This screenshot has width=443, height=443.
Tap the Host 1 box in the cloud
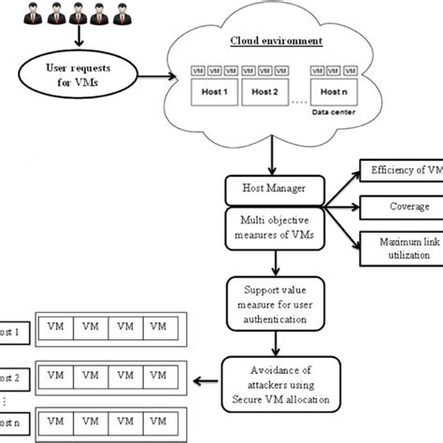click(211, 93)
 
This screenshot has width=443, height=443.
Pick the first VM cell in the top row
click(56, 328)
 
